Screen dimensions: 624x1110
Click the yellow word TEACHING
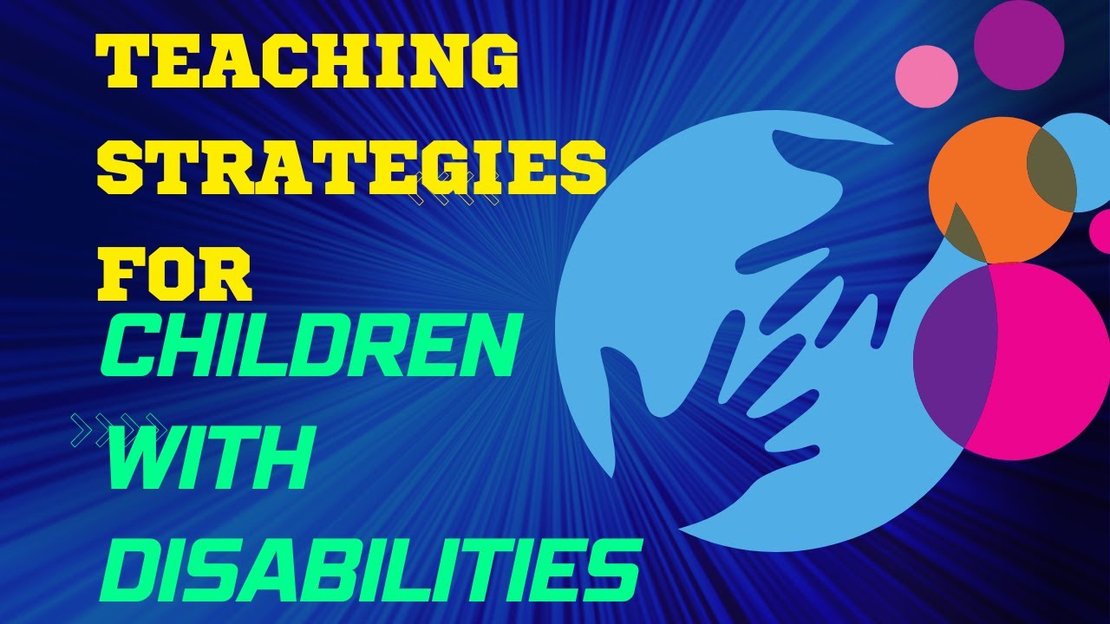(309, 62)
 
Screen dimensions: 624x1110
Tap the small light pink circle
(926, 76)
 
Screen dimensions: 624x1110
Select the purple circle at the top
(1019, 44)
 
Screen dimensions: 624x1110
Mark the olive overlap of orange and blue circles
(1051, 170)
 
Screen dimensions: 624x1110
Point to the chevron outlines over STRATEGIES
(457, 188)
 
